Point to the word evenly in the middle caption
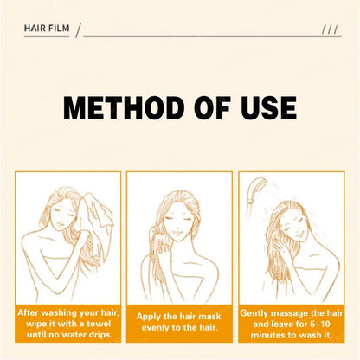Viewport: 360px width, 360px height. pos(155,330)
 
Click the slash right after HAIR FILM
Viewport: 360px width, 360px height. pos(78,31)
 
